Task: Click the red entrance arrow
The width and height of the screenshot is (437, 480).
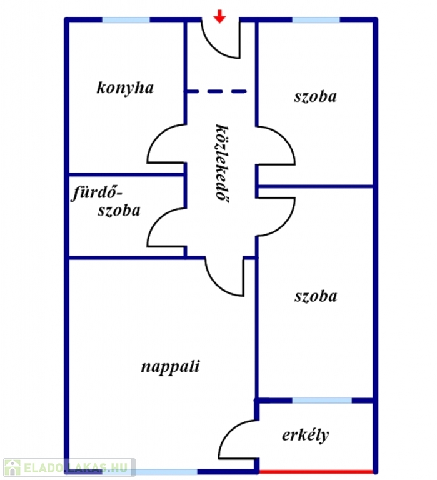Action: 219,16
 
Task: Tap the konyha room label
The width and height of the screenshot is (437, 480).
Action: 125,88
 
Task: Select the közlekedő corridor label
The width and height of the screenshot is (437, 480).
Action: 222,164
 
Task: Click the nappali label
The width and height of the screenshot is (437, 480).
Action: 170,367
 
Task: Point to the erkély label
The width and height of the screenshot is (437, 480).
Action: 305,435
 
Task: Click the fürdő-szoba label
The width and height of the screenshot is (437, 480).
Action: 106,202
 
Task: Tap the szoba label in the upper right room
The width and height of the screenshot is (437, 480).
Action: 316,96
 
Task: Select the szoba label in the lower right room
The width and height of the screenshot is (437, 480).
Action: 316,296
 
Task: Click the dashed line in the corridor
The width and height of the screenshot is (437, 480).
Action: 216,91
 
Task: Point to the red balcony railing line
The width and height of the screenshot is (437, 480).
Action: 316,471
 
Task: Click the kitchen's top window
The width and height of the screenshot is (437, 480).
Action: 126,20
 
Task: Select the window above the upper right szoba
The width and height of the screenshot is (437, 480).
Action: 316,20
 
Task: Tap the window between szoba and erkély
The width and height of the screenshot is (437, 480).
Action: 322,401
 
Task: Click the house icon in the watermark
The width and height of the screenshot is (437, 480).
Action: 13,468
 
